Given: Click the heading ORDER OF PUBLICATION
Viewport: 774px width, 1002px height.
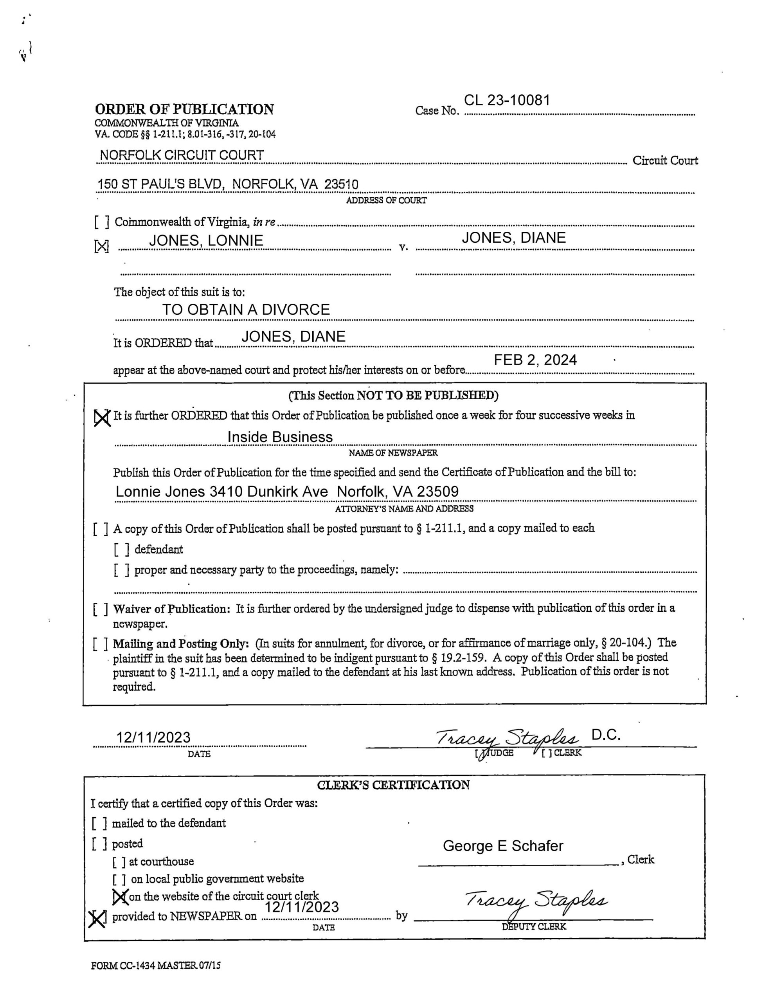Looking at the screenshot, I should tap(184, 109).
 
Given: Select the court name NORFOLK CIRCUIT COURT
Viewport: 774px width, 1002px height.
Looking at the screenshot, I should tap(182, 155).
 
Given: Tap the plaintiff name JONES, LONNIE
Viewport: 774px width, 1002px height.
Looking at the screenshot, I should tap(206, 240).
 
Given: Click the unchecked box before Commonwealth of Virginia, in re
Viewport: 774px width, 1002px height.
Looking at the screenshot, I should tap(101, 222).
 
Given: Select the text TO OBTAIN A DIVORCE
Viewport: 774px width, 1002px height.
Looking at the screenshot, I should tap(246, 310).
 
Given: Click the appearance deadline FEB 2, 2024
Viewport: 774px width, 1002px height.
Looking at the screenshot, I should tap(535, 360).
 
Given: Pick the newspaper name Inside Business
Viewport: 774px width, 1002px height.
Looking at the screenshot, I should tap(280, 437).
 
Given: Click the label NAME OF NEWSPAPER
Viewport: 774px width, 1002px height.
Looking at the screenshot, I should tap(393, 453).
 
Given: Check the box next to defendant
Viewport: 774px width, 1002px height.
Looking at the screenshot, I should tap(122, 550).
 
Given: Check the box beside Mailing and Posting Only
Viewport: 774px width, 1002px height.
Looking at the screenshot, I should tap(101, 644).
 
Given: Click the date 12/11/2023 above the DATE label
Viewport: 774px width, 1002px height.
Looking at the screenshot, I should tap(153, 737).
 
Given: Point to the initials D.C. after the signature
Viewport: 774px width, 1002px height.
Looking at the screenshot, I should tap(606, 735).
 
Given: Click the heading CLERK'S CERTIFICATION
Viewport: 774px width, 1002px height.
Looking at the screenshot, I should tap(393, 785).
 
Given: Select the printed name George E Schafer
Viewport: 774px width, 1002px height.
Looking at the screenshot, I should tap(503, 846).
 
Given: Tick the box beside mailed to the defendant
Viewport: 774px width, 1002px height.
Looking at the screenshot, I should tap(99, 824).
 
